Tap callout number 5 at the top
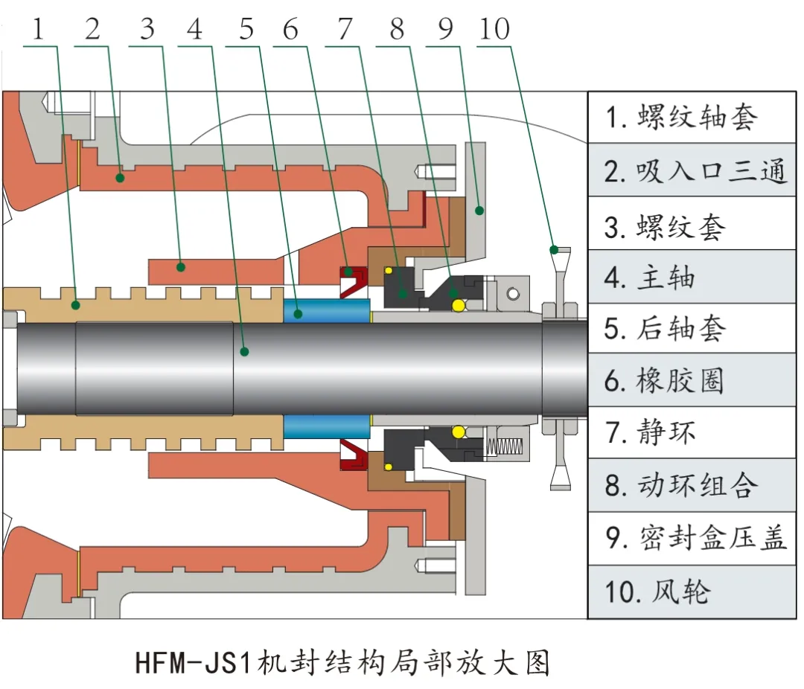tap(246, 30)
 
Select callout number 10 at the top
tap(494, 30)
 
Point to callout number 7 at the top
tap(344, 30)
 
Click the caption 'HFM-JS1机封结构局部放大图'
tap(342, 661)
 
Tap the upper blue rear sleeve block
tap(327, 312)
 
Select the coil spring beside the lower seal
tap(505, 446)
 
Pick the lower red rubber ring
tap(354, 456)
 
